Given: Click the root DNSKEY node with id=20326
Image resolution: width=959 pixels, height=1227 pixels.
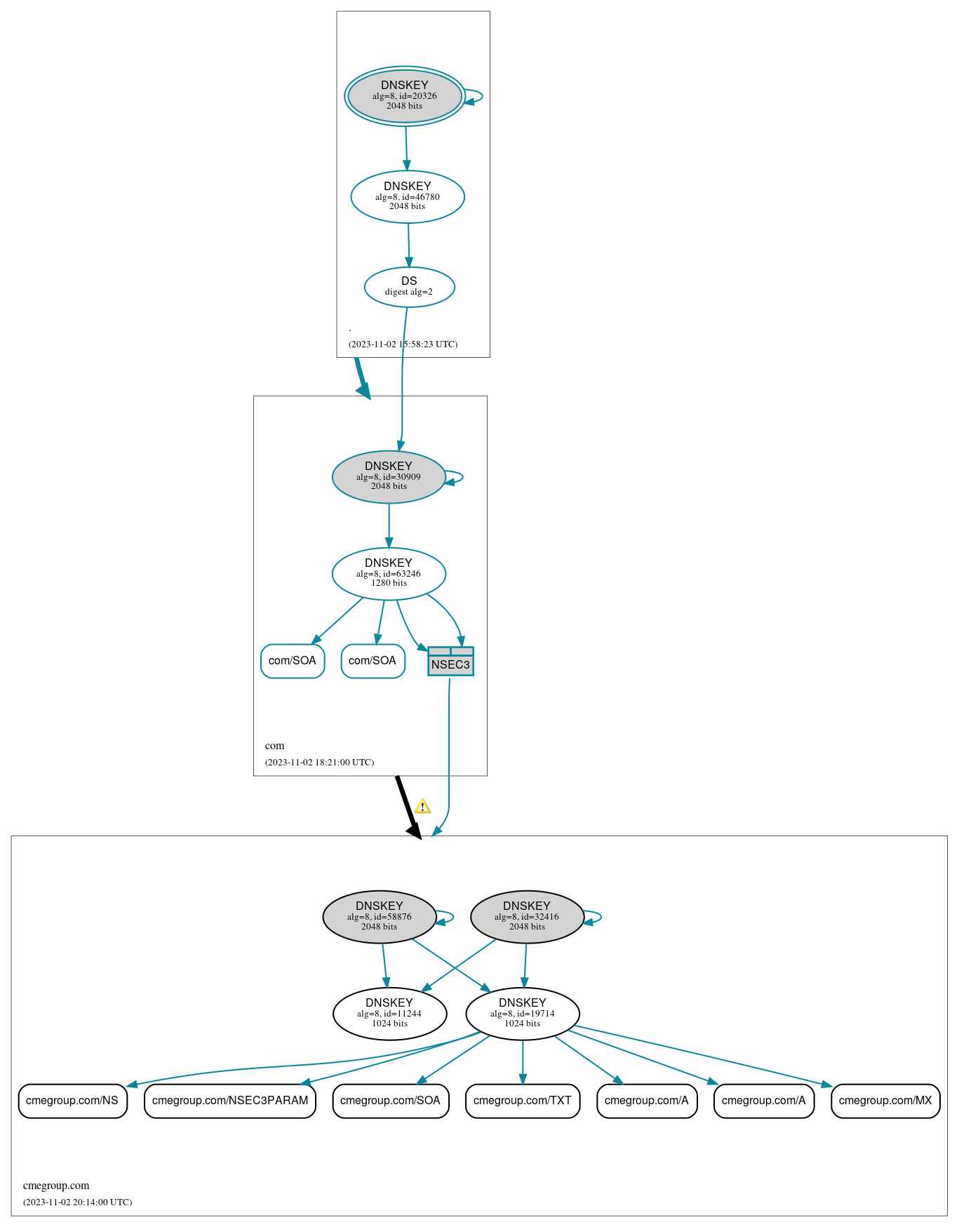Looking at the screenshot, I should (405, 96).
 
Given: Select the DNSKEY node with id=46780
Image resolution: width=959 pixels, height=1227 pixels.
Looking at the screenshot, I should (408, 197).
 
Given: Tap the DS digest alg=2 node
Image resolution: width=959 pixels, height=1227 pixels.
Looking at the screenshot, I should (410, 287).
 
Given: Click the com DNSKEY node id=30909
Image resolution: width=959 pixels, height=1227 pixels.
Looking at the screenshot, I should (389, 477).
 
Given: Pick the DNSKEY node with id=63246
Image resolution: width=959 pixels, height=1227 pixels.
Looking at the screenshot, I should (389, 574).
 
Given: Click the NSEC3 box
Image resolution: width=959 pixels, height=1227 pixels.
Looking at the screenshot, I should (451, 662).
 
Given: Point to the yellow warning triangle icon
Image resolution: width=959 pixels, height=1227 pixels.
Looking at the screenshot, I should (422, 807).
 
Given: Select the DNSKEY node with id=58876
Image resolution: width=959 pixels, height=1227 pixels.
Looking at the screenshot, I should (380, 917).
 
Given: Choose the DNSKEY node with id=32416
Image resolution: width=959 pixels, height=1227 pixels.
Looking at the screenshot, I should (527, 917).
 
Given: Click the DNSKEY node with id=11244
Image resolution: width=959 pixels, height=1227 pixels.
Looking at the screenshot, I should (390, 1014).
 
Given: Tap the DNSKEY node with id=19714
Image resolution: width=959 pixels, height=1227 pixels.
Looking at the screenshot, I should (523, 1014).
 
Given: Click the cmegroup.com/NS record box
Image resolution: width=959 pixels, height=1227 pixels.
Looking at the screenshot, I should (72, 1101).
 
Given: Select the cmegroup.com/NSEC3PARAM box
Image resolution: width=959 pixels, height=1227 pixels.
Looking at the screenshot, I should (230, 1101).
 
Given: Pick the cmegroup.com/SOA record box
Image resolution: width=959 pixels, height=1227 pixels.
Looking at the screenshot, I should (390, 1101).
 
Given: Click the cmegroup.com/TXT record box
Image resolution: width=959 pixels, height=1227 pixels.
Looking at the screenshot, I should (523, 1101).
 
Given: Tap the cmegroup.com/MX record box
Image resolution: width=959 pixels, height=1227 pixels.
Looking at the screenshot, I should (885, 1101).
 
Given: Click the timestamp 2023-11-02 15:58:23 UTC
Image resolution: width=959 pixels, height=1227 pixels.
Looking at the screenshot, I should (403, 344).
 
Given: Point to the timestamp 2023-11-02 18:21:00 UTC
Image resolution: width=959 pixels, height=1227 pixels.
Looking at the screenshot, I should (320, 763).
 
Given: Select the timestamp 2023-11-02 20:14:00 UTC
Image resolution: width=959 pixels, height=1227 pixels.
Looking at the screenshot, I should (78, 1202).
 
